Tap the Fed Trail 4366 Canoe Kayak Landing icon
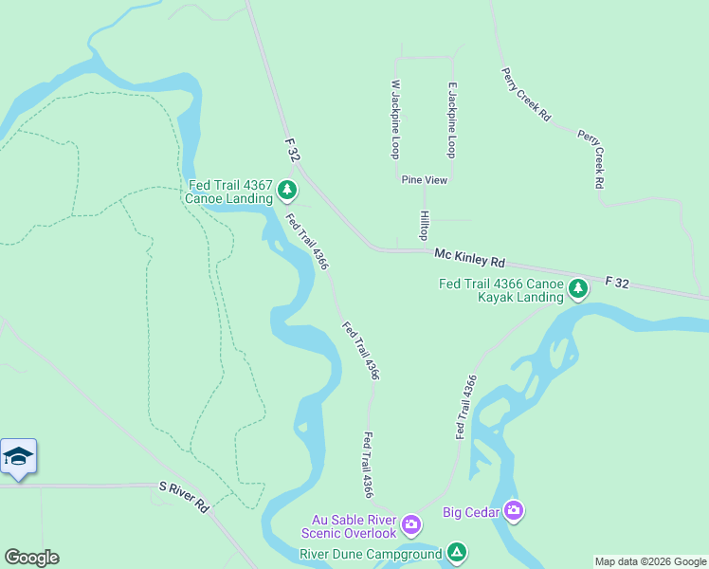(577, 290)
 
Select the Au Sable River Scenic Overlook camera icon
(411, 524)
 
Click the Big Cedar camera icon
(514, 512)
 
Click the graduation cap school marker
(18, 457)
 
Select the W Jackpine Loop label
(395, 119)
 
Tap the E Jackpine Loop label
(452, 119)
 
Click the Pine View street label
(424, 179)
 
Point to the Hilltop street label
(424, 226)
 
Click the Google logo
(31, 558)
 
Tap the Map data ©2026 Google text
(650, 561)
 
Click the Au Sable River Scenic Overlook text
(354, 526)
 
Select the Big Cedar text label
(471, 513)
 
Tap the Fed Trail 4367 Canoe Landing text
(229, 193)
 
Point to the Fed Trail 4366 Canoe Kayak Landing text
(500, 290)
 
